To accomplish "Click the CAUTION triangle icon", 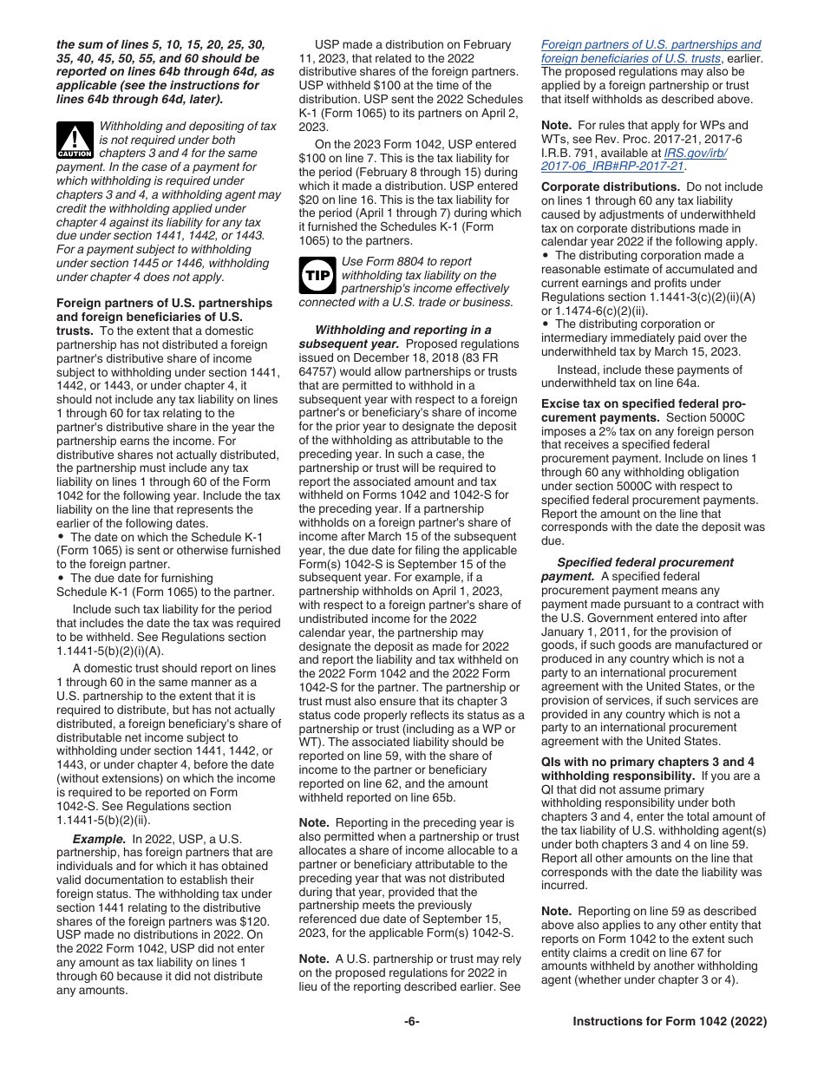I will coord(75,140).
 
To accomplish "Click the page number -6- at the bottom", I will coord(411,1022).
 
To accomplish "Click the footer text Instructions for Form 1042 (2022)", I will coord(670,1022).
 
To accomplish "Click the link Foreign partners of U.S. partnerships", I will coord(651,44).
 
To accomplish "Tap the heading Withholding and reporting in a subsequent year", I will coord(402,331).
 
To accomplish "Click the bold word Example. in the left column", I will coord(98,839).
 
